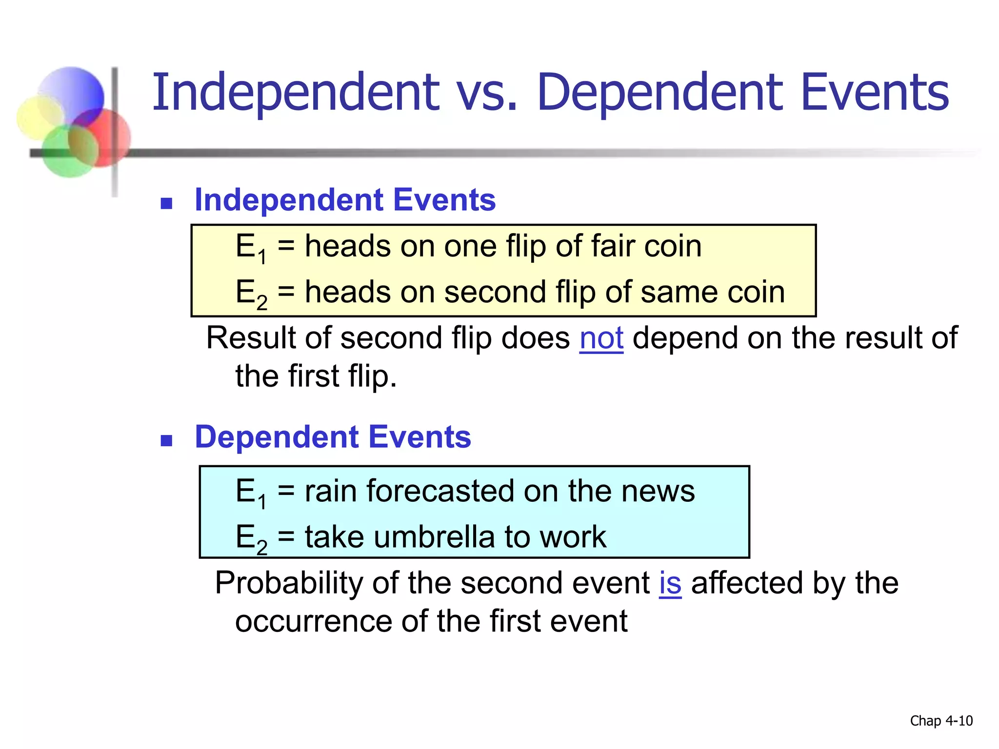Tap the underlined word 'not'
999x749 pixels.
click(x=601, y=338)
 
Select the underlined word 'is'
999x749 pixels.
click(x=670, y=583)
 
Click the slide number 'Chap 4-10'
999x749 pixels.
click(x=941, y=721)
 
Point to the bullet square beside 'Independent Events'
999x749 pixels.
click(x=167, y=203)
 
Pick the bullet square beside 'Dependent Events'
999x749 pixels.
click(x=167, y=441)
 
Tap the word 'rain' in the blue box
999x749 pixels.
click(x=331, y=491)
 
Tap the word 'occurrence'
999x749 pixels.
click(x=313, y=621)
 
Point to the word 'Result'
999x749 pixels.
click(x=250, y=338)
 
